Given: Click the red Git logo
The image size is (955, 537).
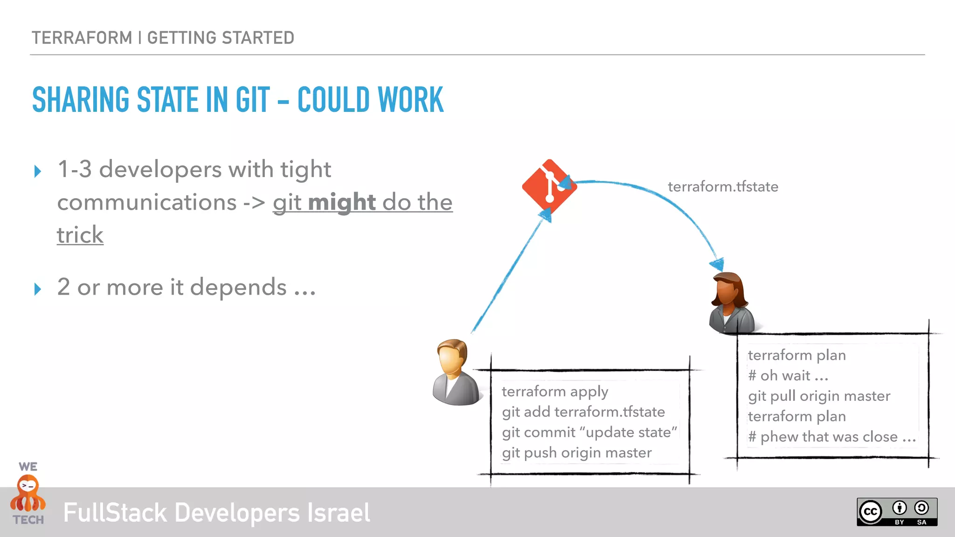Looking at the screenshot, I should coord(549,187).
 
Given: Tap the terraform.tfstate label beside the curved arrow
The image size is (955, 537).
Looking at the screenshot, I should coord(723,187).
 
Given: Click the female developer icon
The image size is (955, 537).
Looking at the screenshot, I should coord(731,303).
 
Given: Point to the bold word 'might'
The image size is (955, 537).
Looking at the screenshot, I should coord(342,202).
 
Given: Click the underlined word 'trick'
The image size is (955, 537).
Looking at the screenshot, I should coord(80,235).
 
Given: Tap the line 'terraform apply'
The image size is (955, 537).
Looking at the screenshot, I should coord(555,392).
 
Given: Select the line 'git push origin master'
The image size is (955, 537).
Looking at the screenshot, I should coord(577,453).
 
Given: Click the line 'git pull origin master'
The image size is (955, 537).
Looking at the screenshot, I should coord(819,396).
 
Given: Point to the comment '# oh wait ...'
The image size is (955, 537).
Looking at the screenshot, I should coord(788,376).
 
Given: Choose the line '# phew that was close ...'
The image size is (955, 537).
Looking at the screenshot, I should coord(832,437).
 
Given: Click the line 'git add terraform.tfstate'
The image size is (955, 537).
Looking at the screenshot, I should coord(583,412).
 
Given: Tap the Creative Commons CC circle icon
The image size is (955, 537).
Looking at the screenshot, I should coord(870,512).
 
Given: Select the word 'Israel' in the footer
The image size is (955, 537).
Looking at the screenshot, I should coord(339,513).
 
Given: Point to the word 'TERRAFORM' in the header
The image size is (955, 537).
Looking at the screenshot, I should coord(82,38).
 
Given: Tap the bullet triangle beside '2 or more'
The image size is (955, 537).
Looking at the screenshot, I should coord(38,289).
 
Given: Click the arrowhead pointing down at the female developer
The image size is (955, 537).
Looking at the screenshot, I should coord(717,264).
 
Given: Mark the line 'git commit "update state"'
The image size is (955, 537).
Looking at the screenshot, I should coord(589,433).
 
